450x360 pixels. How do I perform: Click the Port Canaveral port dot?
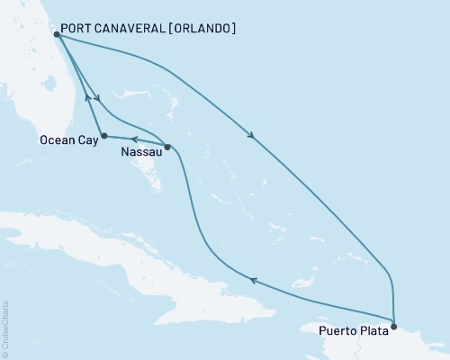click(56, 34)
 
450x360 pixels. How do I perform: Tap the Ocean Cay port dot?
click(104, 136)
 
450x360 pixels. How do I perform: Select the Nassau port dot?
click(167, 146)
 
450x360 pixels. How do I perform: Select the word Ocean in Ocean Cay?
click(56, 140)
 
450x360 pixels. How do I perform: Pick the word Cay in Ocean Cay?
click(85, 140)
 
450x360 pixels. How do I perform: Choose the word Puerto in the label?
click(337, 330)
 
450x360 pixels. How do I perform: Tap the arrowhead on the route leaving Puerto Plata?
click(254, 281)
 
